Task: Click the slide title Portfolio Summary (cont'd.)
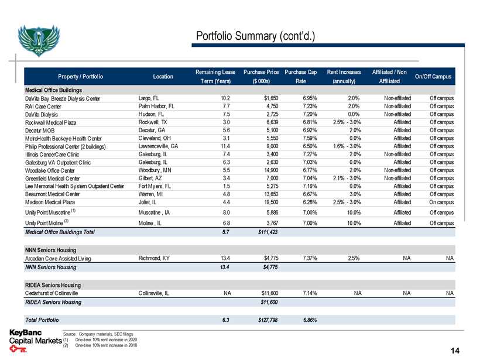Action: pyautogui.click(x=255, y=37)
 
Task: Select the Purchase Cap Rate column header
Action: pyautogui.click(x=300, y=76)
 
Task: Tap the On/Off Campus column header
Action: pyautogui.click(x=431, y=76)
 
